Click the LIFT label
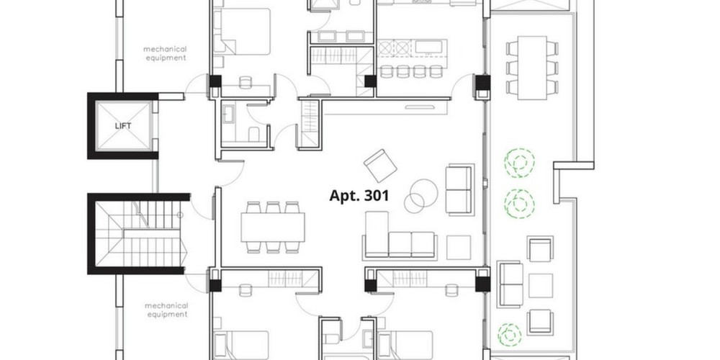tap(123, 126)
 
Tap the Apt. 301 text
tap(359, 196)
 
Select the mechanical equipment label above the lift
tap(165, 53)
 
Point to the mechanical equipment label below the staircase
tap(166, 310)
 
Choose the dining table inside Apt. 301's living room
tap(273, 227)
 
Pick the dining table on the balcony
tap(532, 68)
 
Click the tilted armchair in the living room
tap(380, 166)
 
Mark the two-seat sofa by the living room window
tap(459, 189)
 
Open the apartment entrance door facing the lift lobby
tap(231, 173)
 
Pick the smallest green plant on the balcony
tap(509, 334)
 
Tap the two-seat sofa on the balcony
tap(510, 284)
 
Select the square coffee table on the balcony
tap(541, 286)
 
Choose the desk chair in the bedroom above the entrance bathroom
tap(246, 82)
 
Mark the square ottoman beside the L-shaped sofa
tap(458, 248)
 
